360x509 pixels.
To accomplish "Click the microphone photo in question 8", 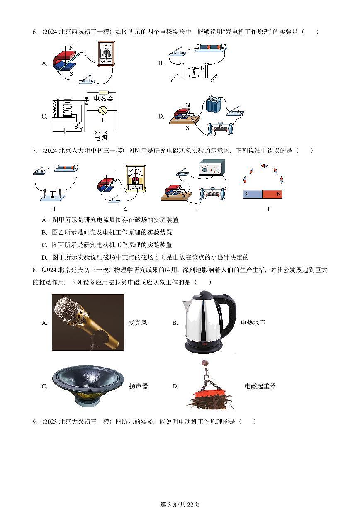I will (88, 322).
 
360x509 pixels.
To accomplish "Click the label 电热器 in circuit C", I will (103, 99).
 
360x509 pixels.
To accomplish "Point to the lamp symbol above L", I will (102, 110).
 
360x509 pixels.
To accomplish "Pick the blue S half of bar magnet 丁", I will (252, 194).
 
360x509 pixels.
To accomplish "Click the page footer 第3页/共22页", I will (180, 504).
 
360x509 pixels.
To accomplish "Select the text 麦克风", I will (138, 323).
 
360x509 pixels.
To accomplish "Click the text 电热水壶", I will (253, 323).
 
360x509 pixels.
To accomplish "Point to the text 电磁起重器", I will (260, 386).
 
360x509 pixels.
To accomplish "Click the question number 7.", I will (34, 151).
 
